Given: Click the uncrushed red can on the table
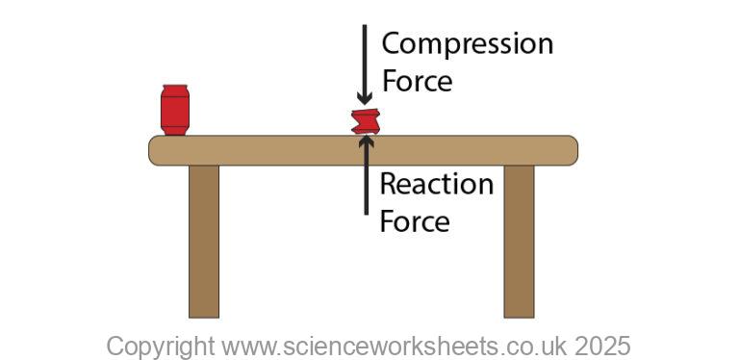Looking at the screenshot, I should tap(174, 110).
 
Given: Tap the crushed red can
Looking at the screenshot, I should tap(366, 122).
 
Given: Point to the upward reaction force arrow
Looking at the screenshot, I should tap(366, 178).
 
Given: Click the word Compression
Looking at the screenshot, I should tap(467, 44).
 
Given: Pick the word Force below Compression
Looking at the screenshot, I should tap(417, 81).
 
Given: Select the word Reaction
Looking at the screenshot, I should tap(436, 183).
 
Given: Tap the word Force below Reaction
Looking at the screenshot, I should tap(415, 220).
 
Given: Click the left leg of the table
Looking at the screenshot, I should tap(204, 241).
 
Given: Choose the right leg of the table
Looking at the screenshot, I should tap(519, 241).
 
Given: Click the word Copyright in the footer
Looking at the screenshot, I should tap(161, 346).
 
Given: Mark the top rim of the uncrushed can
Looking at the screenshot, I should tap(174, 89).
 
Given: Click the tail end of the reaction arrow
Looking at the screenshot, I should tap(366, 212).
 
